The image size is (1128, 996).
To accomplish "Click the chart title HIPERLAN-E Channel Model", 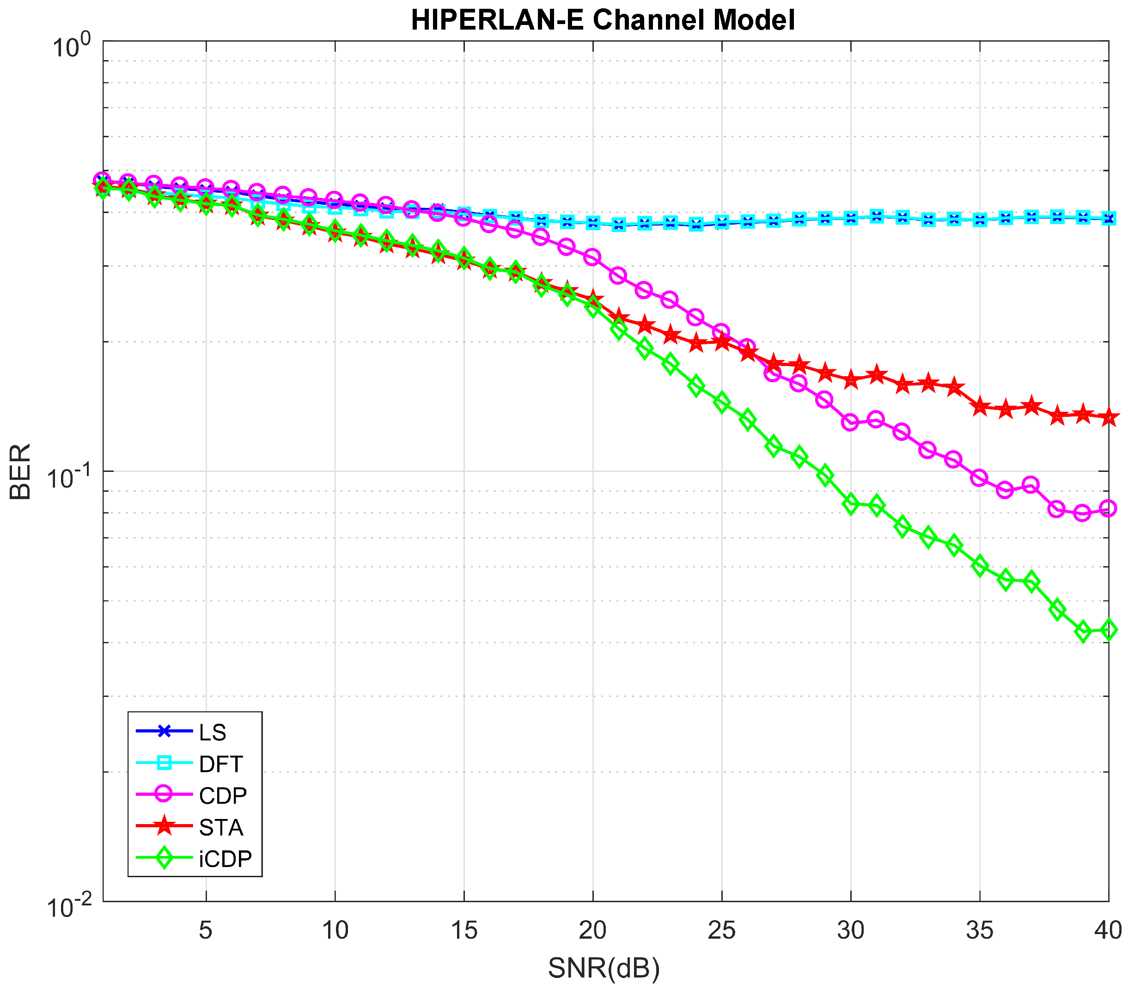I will coord(603,20).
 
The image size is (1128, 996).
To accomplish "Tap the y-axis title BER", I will coord(20,472).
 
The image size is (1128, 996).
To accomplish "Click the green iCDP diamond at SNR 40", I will coord(1108,629).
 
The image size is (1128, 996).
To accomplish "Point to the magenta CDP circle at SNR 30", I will coord(850,423).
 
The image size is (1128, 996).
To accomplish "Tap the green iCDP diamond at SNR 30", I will coord(850,504).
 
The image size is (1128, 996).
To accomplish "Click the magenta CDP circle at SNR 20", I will coord(593,257).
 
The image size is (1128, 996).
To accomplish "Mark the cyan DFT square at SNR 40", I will coord(1108,219).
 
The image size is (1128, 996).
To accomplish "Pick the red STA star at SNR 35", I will coord(980,407).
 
